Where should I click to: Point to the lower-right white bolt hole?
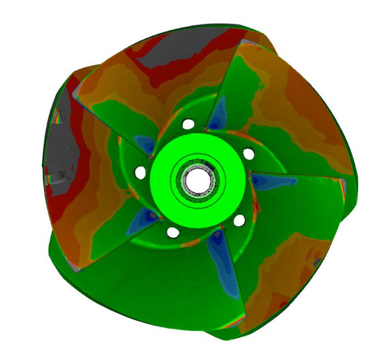tap(239, 220)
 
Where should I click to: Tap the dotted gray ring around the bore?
tap(197, 166)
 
